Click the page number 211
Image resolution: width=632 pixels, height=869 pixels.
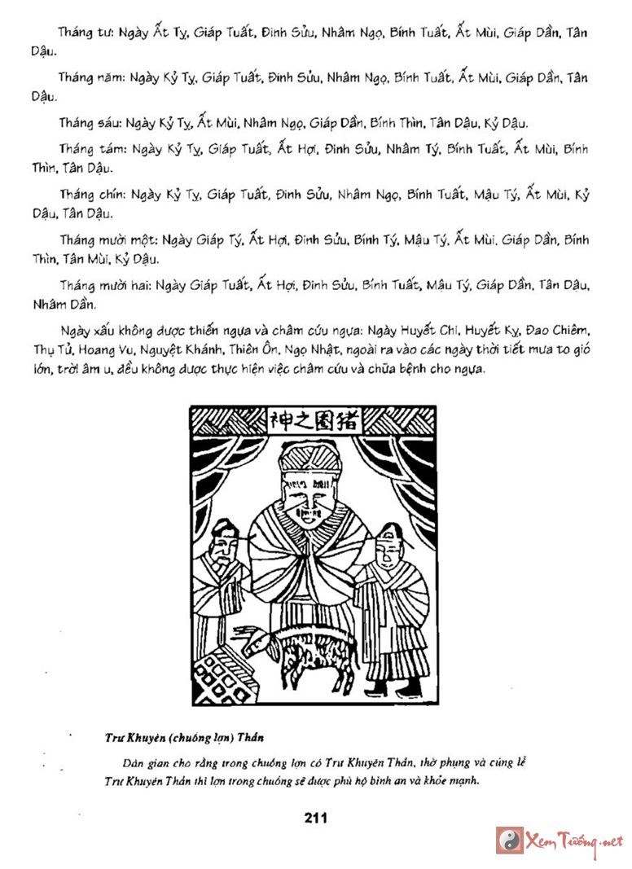[x=314, y=818]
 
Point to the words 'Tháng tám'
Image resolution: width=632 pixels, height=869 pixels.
[x=85, y=151]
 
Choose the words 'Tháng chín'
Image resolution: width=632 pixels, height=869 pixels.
[x=86, y=195]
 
